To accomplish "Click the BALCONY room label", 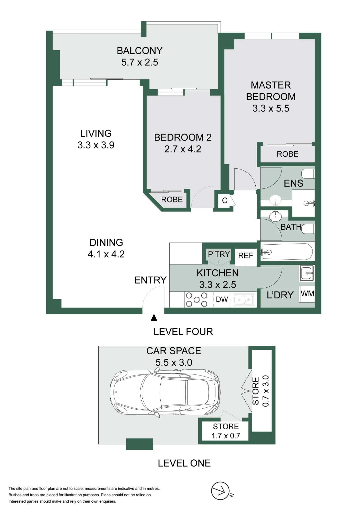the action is (140, 51).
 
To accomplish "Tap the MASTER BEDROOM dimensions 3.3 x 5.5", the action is (271, 108).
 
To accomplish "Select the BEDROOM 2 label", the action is (183, 138).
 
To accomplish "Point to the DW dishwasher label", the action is (222, 299).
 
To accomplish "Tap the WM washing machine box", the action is (307, 294).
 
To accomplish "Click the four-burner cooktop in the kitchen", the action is (197, 299).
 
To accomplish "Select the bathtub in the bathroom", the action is (287, 252).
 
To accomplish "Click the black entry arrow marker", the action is (154, 317).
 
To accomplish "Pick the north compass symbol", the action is (221, 491).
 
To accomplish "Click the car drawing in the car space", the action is (165, 392).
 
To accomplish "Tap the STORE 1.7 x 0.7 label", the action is (226, 431).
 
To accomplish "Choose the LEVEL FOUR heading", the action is (183, 332).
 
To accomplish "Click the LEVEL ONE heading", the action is (184, 463).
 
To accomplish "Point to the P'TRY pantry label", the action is (219, 254).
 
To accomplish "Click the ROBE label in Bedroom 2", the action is (172, 200).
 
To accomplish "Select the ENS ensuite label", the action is (293, 183).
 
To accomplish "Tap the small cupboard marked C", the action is (224, 200).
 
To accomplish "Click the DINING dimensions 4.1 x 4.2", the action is (106, 254).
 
